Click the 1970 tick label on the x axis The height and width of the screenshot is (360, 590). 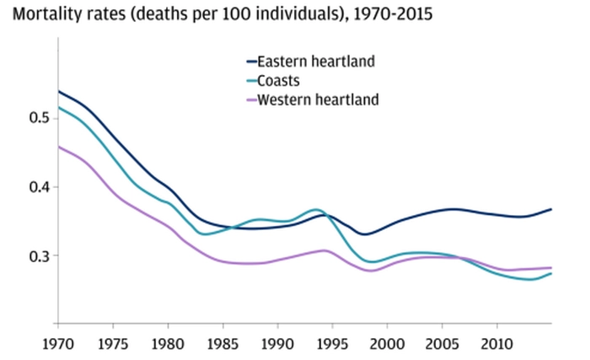[x=57, y=345]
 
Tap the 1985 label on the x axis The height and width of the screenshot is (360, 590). [x=222, y=345]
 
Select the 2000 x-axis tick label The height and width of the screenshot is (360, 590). [x=387, y=345]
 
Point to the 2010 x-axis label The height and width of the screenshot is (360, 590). [x=496, y=345]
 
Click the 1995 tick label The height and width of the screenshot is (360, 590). [x=332, y=345]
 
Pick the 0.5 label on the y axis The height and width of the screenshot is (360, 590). [x=28, y=117]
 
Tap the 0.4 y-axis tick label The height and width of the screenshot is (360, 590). [x=28, y=186]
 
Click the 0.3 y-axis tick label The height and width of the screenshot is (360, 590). [x=28, y=255]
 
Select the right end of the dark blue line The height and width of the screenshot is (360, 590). [x=551, y=209]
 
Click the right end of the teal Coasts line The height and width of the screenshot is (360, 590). [x=551, y=273]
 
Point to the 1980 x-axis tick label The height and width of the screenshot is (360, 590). [x=167, y=345]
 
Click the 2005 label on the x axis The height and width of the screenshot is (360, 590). [x=442, y=345]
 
